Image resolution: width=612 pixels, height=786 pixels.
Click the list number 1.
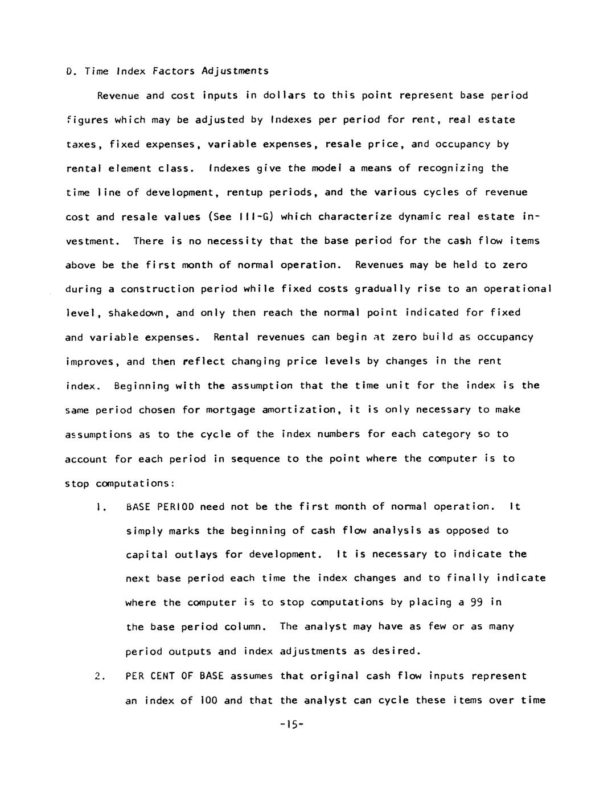pyautogui.click(x=101, y=506)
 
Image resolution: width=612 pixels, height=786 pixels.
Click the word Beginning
pyautogui.click(x=141, y=386)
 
